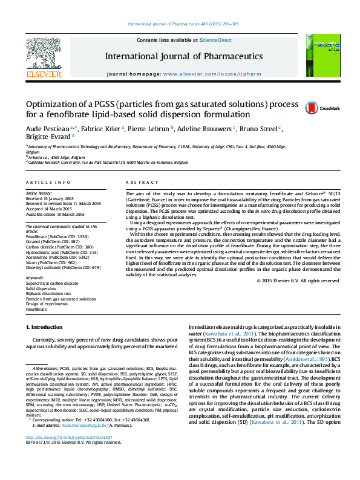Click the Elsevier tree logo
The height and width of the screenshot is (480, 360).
(x=44, y=53)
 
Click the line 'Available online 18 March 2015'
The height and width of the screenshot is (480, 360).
(x=55, y=212)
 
